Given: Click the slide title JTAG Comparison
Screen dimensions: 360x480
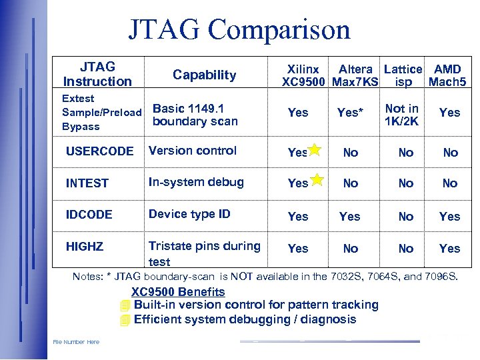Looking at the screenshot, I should (x=239, y=30).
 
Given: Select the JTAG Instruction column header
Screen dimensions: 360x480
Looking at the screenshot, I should (x=97, y=74).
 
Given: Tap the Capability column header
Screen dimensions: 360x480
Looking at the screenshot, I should (x=205, y=75).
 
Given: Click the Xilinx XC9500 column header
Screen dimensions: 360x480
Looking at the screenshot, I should (x=304, y=76).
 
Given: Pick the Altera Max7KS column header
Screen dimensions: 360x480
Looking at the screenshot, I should (x=355, y=76).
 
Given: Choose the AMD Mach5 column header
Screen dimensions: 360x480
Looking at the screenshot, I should (x=447, y=76).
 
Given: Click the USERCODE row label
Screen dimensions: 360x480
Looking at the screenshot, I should (x=99, y=151).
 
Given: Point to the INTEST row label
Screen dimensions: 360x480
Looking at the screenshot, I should (x=87, y=183).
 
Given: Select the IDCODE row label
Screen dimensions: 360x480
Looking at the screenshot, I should (x=89, y=215).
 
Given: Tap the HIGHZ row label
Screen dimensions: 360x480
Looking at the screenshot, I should (x=85, y=247).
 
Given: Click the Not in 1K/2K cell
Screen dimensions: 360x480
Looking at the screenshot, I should (x=402, y=115).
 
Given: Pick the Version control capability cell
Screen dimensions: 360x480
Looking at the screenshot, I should (x=193, y=151).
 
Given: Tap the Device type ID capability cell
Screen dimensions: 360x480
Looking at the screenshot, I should (x=189, y=214).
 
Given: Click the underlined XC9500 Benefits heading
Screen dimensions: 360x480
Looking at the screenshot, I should (x=178, y=292).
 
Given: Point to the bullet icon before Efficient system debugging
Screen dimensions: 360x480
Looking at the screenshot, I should (x=124, y=319).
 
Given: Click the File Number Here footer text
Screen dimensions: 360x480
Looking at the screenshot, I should (x=76, y=342).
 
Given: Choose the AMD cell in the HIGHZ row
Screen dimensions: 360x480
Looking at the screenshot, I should (x=449, y=249).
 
